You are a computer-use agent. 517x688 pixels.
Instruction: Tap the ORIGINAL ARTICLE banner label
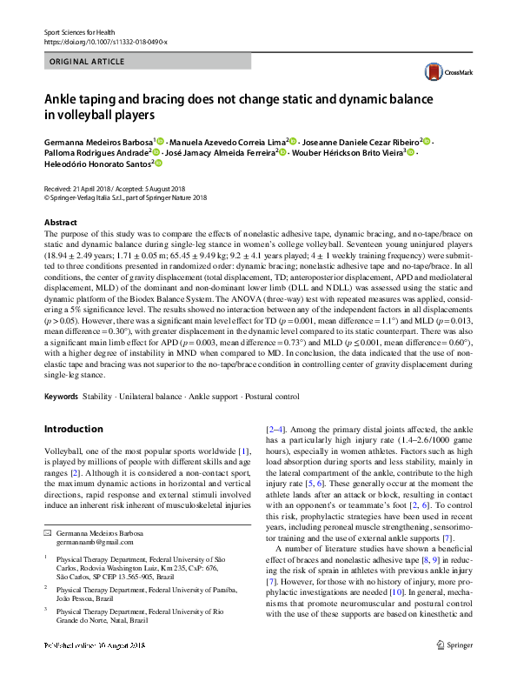[x=88, y=63]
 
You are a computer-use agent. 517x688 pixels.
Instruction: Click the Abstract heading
[x=60, y=223]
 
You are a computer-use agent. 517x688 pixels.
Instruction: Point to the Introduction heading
[x=73, y=429]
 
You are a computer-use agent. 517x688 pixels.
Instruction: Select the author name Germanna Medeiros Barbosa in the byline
[x=97, y=140]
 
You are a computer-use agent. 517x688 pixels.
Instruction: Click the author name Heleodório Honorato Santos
[x=96, y=163]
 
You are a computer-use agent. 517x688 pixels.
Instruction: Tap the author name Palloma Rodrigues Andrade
[x=95, y=151]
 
